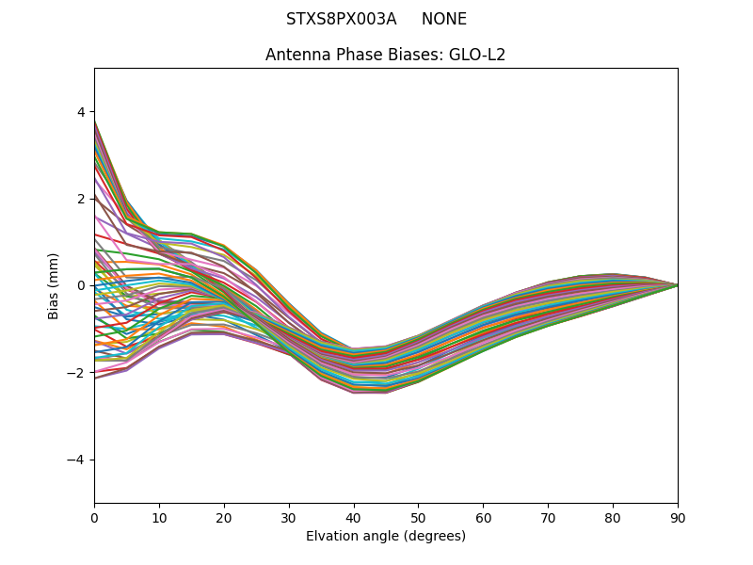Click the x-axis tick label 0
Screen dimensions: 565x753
(94, 517)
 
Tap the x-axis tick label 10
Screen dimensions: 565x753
(159, 517)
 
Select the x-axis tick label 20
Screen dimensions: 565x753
(224, 517)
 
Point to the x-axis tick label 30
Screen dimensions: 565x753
(289, 517)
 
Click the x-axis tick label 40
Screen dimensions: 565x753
(354, 517)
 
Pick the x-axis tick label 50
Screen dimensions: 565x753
(418, 517)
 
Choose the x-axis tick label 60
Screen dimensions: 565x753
(483, 517)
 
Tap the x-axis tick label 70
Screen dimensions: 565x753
(548, 517)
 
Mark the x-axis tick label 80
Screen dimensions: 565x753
(613, 517)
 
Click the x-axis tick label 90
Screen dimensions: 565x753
(678, 517)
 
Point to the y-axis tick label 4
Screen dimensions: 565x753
(81, 112)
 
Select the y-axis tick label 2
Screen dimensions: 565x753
(81, 199)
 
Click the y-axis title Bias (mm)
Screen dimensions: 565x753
(54, 285)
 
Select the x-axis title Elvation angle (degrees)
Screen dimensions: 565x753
(386, 536)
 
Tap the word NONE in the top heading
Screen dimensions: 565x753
(444, 19)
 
